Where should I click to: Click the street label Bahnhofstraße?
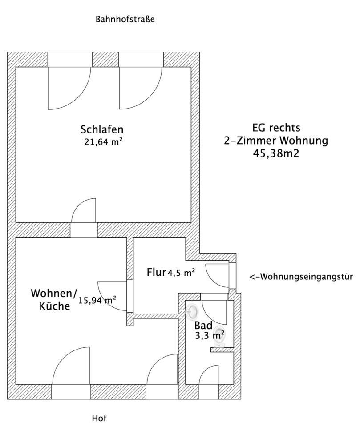pyautogui.click(x=125, y=20)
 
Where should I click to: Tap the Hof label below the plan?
pyautogui.click(x=99, y=418)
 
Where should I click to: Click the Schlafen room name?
pyautogui.click(x=101, y=129)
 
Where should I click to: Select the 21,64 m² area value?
pyautogui.click(x=103, y=142)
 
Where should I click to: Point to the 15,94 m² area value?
pyautogui.click(x=97, y=300)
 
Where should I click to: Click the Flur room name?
pyautogui.click(x=156, y=272)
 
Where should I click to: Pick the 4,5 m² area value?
pyautogui.click(x=181, y=273)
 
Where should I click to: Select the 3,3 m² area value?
pyautogui.click(x=210, y=335)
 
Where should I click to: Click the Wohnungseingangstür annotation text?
pyautogui.click(x=301, y=277)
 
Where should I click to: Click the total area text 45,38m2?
pyautogui.click(x=276, y=153)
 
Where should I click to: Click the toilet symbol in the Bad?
pyautogui.click(x=219, y=339)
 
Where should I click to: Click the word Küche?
pyautogui.click(x=54, y=306)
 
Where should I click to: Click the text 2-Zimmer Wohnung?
pyautogui.click(x=276, y=141)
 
